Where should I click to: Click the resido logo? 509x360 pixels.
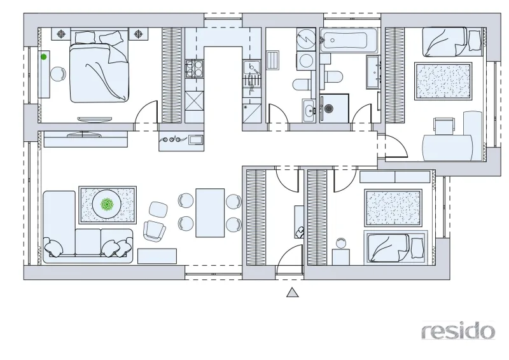point(458,331)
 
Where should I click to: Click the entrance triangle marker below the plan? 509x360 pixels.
point(293,292)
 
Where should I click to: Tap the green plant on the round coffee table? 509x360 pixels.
point(106,205)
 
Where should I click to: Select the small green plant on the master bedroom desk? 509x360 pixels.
point(43,57)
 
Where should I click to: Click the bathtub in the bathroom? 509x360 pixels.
point(349,40)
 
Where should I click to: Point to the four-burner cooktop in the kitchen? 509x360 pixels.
point(194,69)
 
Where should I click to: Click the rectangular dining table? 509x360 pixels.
point(210,213)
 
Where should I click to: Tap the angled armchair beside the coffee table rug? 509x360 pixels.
point(154,230)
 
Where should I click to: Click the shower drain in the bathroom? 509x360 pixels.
point(329,108)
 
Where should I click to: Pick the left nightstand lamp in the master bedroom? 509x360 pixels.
point(61,34)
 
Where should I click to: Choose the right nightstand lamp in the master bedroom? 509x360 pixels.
point(138,34)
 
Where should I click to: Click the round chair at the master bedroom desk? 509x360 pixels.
point(58,74)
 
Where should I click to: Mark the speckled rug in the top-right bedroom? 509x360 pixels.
point(443,81)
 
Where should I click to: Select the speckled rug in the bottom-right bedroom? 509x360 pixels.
point(393,208)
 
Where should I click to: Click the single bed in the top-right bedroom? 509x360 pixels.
point(452,42)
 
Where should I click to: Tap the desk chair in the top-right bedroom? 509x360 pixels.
point(444,127)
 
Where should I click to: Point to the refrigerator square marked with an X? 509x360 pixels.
point(194,101)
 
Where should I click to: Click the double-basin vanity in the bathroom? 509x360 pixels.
point(373,72)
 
